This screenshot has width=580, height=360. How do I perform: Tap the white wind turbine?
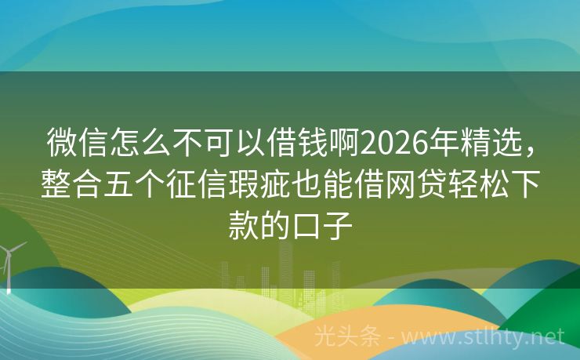pyautogui.click(x=9, y=263)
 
